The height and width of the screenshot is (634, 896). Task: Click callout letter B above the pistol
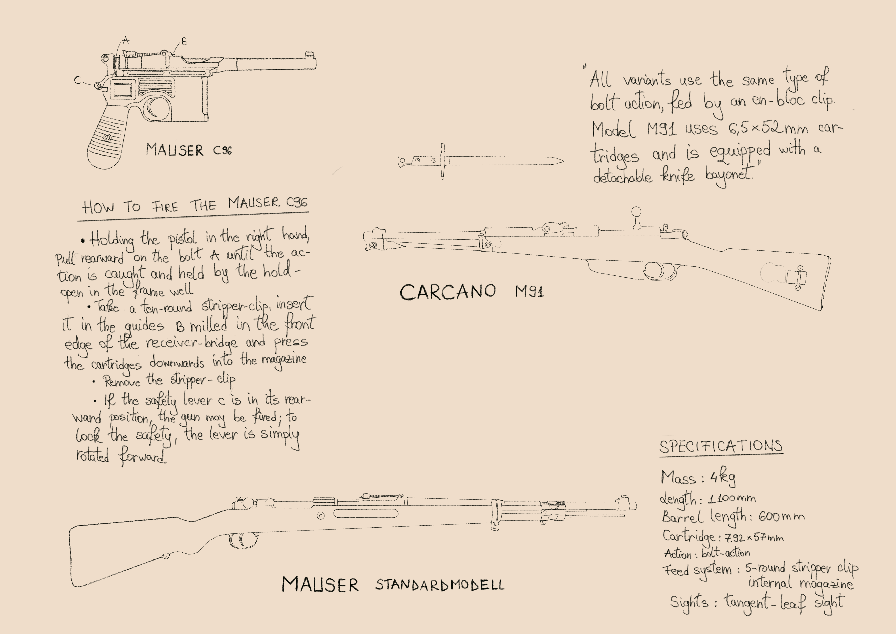[x=185, y=41]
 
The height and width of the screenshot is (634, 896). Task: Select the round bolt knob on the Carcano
[x=636, y=211]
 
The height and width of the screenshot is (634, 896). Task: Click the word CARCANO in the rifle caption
[x=448, y=292]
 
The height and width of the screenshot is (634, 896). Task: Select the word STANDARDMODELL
[x=440, y=584]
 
